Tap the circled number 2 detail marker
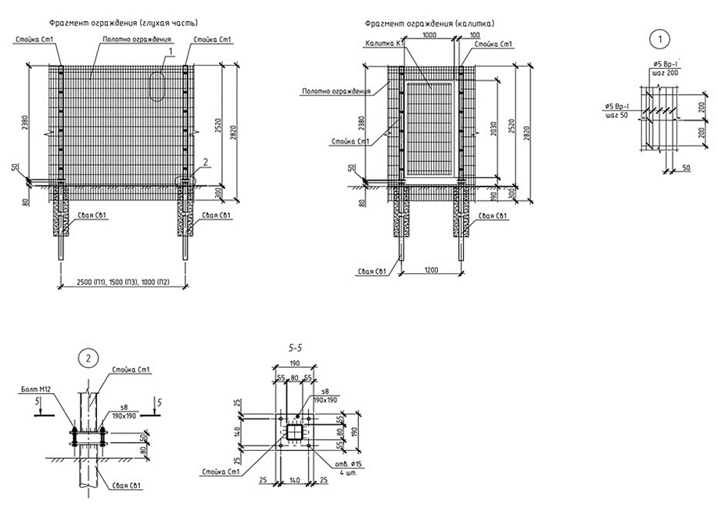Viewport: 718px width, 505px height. click(x=88, y=359)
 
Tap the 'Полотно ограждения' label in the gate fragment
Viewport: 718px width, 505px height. click(x=336, y=92)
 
